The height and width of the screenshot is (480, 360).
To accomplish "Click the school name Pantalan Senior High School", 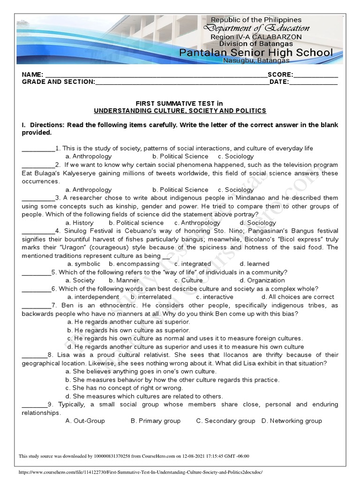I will pos(256,52).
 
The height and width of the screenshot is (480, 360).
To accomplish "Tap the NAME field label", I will pos(32,75).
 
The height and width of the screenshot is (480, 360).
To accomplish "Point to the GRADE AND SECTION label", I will pos(58,82).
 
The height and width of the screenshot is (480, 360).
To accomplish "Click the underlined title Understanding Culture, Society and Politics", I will pos(180,111).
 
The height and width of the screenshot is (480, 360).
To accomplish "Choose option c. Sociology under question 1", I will pos(236,157).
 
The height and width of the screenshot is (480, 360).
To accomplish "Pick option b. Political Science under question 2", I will pos(180,190).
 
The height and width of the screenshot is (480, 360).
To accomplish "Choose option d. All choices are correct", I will pos(298,297).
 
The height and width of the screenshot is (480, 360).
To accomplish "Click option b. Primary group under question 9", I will pos(156,421).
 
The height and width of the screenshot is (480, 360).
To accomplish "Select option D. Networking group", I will pos(292,421).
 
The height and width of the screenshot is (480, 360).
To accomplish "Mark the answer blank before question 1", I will pos(38,149).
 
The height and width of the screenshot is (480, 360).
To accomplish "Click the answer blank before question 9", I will pos(34,405).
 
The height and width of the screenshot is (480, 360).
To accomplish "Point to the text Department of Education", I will pos(256,28).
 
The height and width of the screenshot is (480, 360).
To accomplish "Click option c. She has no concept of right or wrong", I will pos(124,388).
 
